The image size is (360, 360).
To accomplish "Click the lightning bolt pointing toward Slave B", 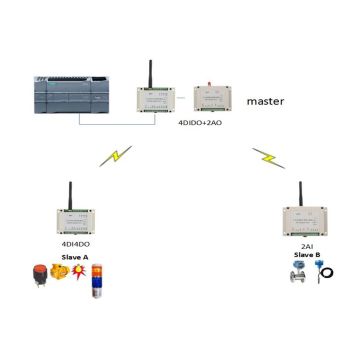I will (263, 157).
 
